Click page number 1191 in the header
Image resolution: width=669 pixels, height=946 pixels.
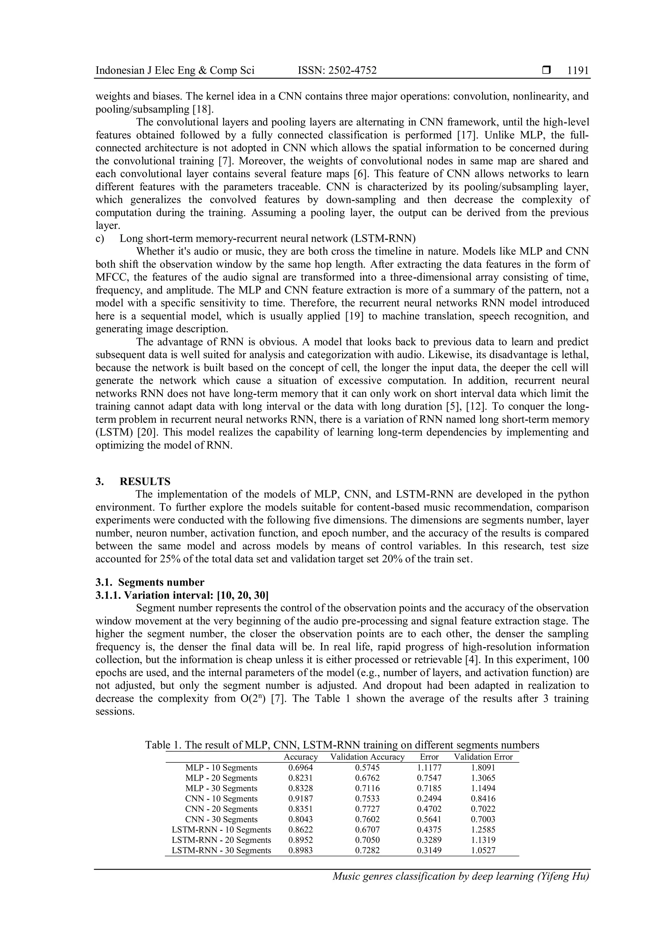pos(578,71)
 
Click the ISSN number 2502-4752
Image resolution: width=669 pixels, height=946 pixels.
pos(352,71)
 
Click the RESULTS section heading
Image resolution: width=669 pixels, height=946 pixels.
pos(145,481)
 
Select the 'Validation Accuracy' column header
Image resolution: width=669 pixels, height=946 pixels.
pos(367,757)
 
